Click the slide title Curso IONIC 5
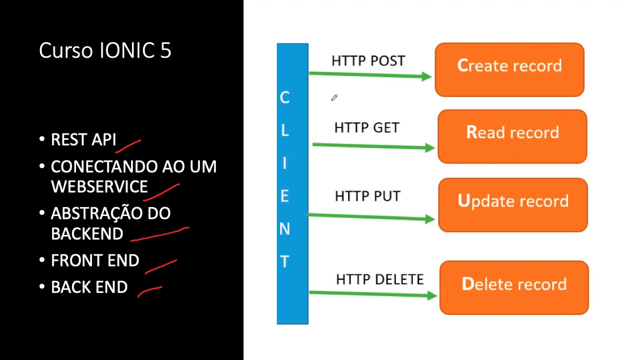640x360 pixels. (x=105, y=51)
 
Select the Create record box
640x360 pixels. (x=509, y=69)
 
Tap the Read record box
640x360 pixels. (x=512, y=136)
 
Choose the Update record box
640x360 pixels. (x=512, y=204)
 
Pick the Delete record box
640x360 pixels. (x=513, y=287)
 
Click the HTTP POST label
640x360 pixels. (x=368, y=61)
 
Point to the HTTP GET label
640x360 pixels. (x=366, y=128)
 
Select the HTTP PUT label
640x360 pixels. (x=367, y=196)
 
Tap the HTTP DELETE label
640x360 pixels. (x=379, y=279)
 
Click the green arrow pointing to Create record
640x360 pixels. (x=370, y=75)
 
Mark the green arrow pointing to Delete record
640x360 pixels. (x=372, y=294)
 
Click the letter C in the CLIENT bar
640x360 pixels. (x=284, y=97)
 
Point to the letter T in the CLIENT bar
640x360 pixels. (x=284, y=261)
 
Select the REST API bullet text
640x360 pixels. (x=83, y=140)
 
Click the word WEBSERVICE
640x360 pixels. (x=99, y=186)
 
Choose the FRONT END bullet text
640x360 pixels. (x=95, y=260)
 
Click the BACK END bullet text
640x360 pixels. (x=89, y=287)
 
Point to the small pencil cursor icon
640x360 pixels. (x=334, y=98)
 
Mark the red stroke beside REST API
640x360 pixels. (x=128, y=145)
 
